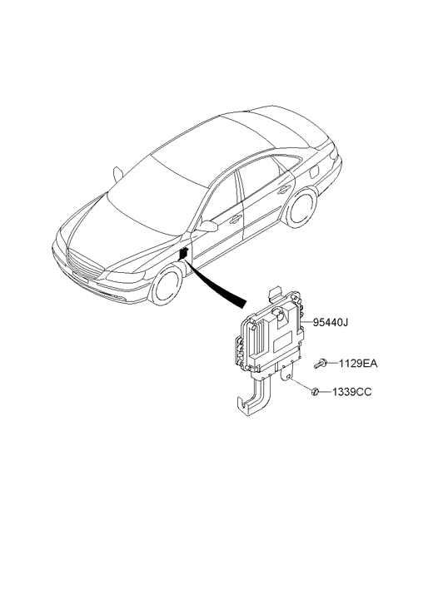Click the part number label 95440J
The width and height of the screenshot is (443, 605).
(x=331, y=322)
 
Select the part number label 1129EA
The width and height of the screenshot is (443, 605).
(x=358, y=364)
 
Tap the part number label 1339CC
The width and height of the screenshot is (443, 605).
(x=352, y=392)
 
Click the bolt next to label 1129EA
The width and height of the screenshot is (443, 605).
(x=321, y=364)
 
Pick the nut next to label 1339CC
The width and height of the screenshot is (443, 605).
(x=316, y=392)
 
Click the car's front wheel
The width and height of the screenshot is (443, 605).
(x=166, y=284)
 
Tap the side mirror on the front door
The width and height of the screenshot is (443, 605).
(x=208, y=226)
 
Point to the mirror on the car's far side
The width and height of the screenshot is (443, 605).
(x=117, y=175)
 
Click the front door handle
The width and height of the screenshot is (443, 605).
(x=235, y=220)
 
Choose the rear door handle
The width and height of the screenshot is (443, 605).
(x=284, y=190)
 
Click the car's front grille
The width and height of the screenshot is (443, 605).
(x=82, y=266)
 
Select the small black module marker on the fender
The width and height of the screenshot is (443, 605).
(x=183, y=254)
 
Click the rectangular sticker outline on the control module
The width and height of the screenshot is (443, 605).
(x=283, y=341)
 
